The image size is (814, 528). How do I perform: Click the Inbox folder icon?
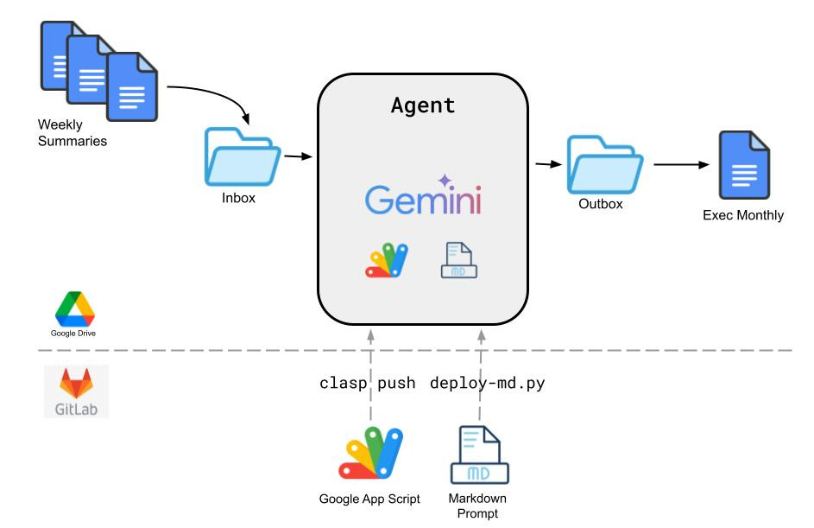coord(243,156)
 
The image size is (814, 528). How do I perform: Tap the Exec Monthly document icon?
coord(744,165)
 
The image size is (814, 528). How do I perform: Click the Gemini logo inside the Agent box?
coord(423,195)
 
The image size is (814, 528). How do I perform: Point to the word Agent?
coord(423,105)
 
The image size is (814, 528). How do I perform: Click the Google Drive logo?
coord(75,309)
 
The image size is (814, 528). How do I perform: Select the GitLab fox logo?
coord(76,383)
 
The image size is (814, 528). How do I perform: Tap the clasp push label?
coord(367,383)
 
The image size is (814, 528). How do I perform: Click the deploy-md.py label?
coord(488,384)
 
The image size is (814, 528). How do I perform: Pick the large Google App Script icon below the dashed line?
coord(370,453)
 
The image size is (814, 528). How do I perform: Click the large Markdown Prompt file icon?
coord(479,455)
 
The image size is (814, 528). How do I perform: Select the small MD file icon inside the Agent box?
coord(459,260)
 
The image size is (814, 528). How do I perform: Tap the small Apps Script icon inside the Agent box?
coord(387,260)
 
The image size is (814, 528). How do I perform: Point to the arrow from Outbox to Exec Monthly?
coord(681,165)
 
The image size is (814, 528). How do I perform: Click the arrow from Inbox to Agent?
coord(299,156)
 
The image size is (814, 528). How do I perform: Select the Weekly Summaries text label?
coord(73,132)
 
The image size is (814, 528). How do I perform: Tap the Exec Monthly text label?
coord(743,215)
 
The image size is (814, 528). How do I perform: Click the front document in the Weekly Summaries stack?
coord(132,86)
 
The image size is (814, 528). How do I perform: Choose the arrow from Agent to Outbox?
coord(548,164)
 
